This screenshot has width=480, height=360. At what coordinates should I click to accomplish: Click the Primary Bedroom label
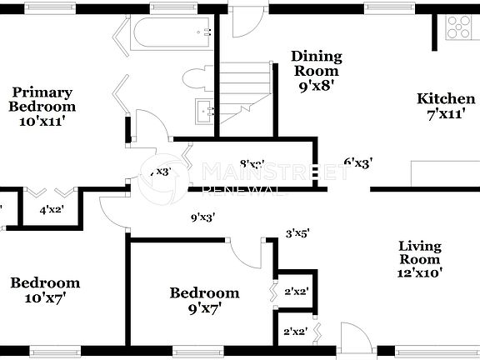coord(42,106)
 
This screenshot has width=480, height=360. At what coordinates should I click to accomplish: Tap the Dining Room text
coord(316,71)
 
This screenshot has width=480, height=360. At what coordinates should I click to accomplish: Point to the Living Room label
coord(419,258)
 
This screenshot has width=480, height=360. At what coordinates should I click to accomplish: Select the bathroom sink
coord(202,111)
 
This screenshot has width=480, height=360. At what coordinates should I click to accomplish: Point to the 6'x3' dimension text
coord(358,163)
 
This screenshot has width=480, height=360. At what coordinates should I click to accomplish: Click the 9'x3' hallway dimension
coord(203,218)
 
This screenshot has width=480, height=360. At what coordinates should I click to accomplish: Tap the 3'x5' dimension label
coord(297,234)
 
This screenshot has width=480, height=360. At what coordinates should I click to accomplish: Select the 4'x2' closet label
coord(52,211)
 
